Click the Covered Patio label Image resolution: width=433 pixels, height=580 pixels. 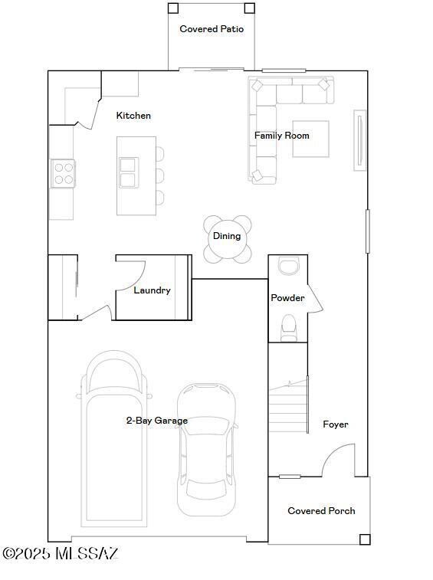click(x=212, y=29)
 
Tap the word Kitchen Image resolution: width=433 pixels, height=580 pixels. click(x=133, y=116)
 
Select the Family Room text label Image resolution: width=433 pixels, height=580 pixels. click(x=281, y=136)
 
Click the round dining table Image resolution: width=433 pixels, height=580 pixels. click(x=227, y=238)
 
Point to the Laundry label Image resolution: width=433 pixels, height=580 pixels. click(x=152, y=290)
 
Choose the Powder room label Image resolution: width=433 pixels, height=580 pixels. click(x=287, y=298)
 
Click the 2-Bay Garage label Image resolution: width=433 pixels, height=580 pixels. click(x=156, y=421)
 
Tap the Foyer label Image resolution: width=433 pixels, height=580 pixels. click(x=335, y=424)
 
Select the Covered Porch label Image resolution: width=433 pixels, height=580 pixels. click(x=321, y=511)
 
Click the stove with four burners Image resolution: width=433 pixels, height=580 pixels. click(x=63, y=173)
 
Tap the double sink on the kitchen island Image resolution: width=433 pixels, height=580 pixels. click(x=128, y=172)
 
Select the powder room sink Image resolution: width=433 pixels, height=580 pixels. click(x=289, y=267)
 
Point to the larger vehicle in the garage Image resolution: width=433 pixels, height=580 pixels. click(x=113, y=437)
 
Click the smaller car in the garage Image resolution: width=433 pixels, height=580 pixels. click(x=206, y=448)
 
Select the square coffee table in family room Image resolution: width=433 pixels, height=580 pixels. click(x=310, y=139)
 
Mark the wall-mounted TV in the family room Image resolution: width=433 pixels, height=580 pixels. click(x=359, y=140)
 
